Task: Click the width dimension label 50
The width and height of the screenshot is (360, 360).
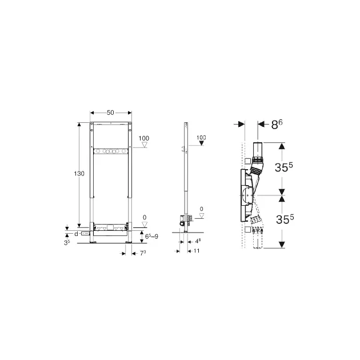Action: [x=110, y=113]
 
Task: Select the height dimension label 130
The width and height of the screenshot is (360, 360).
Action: [x=79, y=174]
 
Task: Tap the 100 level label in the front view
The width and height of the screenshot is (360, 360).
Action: [x=144, y=138]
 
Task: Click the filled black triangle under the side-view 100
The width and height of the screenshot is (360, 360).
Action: [x=201, y=143]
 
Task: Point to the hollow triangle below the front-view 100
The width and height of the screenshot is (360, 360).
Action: [x=145, y=145]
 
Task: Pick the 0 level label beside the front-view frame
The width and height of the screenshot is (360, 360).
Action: [x=145, y=217]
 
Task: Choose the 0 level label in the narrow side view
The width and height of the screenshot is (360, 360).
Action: [x=201, y=209]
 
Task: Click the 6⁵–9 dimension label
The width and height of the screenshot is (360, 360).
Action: [x=151, y=236]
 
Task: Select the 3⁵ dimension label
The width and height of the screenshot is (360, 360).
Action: [x=67, y=242]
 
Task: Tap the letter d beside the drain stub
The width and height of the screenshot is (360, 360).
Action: [x=77, y=234]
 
